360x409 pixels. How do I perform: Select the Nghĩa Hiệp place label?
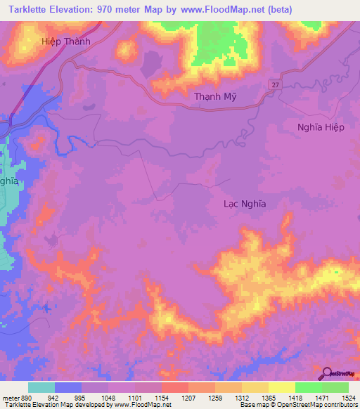pyautogui.click(x=321, y=127)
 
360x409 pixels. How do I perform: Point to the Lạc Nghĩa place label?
pyautogui.click(x=244, y=203)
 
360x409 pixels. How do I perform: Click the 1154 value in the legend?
pyautogui.click(x=161, y=396)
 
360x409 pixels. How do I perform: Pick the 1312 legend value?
pyautogui.click(x=241, y=396)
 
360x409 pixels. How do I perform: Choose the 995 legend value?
pyautogui.click(x=82, y=396)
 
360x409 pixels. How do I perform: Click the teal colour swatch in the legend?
pyautogui.click(x=41, y=387)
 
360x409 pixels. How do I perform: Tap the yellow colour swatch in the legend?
pyautogui.click(x=281, y=387)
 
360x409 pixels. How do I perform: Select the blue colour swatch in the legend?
pyautogui.click(x=68, y=387)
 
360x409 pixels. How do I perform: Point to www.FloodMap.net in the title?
pyautogui.click(x=220, y=10)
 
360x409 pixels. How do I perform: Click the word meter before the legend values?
pyautogui.click(x=11, y=396)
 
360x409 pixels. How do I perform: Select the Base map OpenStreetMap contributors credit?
pyautogui.click(x=298, y=405)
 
